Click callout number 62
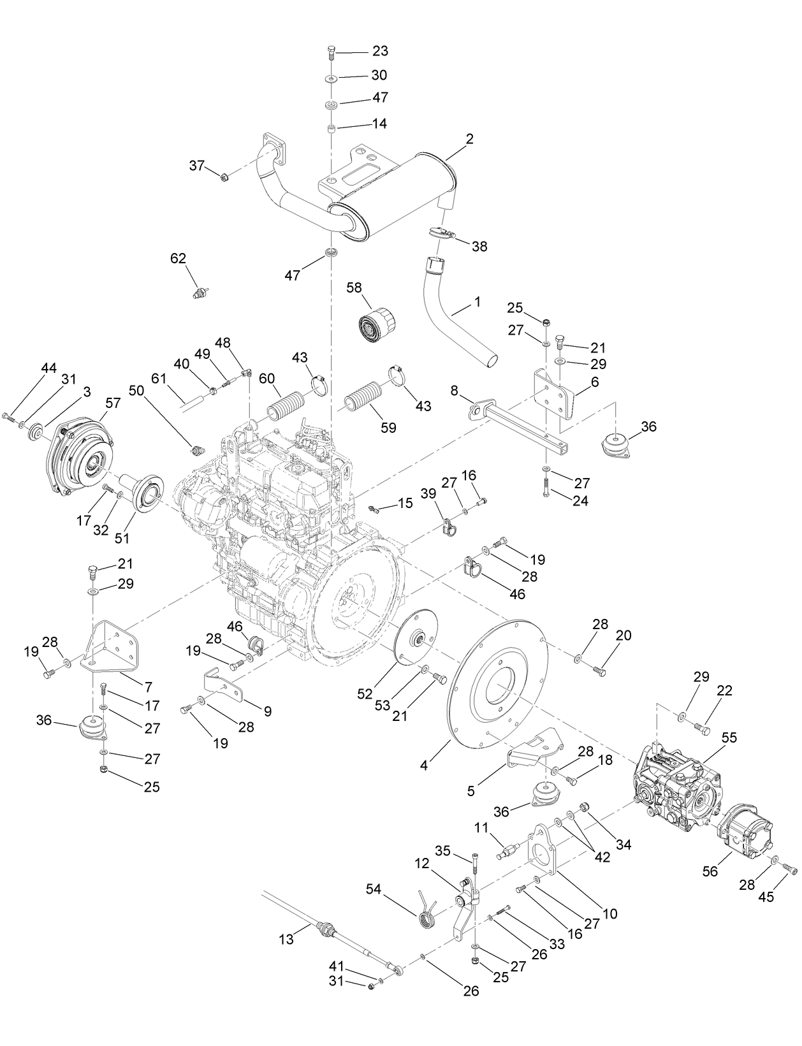(178, 259)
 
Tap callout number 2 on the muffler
(470, 139)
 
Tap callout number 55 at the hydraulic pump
(729, 737)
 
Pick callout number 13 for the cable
(286, 939)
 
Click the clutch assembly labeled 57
(80, 458)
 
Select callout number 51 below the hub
(122, 537)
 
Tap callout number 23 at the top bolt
(380, 51)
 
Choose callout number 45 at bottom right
(766, 896)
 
